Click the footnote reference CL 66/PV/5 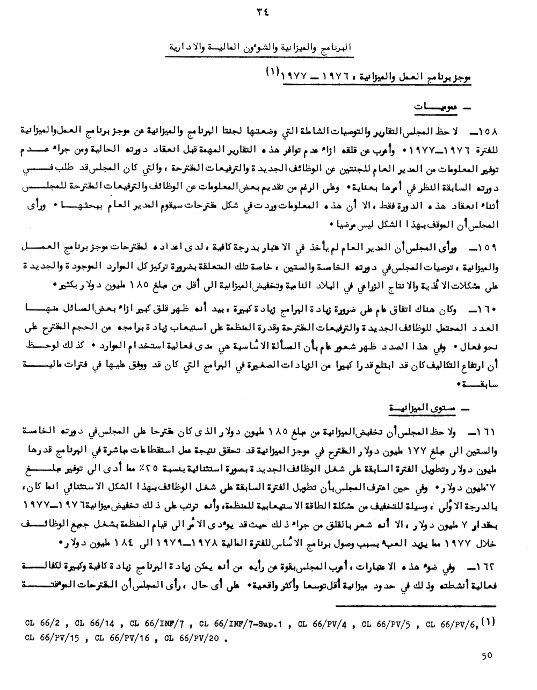click(387, 624)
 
